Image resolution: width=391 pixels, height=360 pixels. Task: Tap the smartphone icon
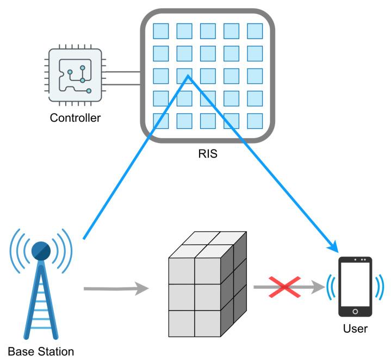coord(355,287)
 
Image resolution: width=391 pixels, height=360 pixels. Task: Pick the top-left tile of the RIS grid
coord(160,31)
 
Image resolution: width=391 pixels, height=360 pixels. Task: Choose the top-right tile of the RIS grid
coord(255,31)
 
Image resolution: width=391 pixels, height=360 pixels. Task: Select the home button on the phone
coord(355,312)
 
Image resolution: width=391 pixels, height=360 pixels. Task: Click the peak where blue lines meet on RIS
coord(188,77)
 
